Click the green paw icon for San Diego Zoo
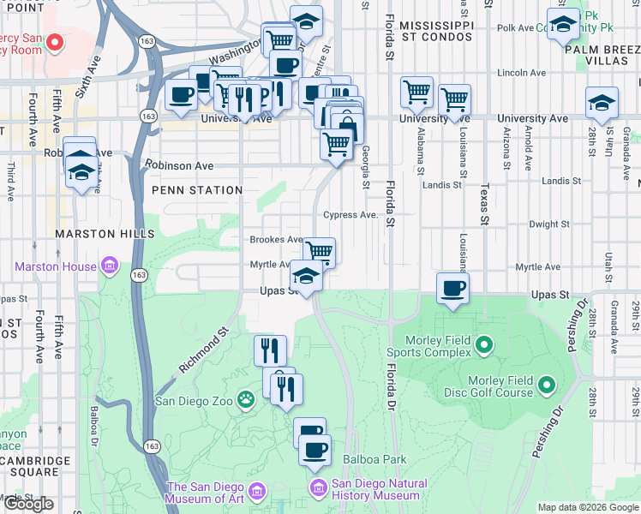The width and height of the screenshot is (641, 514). [247, 399]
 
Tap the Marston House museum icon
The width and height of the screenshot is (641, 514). [110, 266]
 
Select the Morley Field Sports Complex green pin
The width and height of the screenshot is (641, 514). [484, 345]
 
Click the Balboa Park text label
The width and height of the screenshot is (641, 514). [374, 459]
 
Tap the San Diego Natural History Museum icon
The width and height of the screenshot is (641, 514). [319, 488]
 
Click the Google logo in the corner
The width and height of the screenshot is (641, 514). [28, 504]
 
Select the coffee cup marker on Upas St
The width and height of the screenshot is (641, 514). [452, 288]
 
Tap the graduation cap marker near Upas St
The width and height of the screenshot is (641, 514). [305, 276]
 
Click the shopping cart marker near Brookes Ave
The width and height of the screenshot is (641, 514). [319, 252]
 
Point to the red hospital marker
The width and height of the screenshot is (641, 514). [55, 41]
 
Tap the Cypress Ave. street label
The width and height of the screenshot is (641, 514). [350, 215]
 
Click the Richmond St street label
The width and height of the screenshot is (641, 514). [205, 349]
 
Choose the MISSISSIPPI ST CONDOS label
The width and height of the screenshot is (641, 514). [436, 31]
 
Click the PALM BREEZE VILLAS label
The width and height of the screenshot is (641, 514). [602, 56]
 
